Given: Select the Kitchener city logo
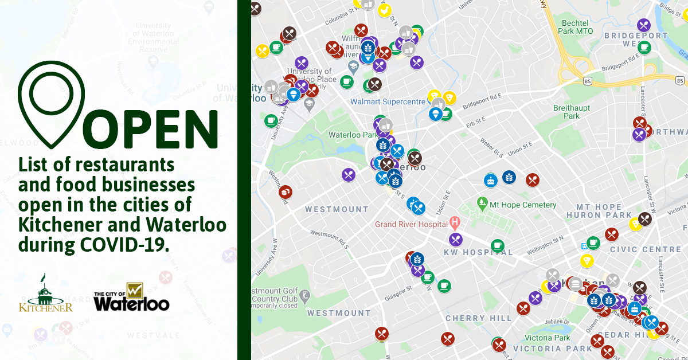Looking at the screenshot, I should coord(46,294).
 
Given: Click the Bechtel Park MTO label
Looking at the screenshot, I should coord(576,26).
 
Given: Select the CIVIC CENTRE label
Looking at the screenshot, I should coord(645,249).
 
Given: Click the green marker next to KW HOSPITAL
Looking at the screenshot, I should coord(497,245).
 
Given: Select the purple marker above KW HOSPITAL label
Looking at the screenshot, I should coord(456,238).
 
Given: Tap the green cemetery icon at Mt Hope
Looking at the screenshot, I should coord(482,203).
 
